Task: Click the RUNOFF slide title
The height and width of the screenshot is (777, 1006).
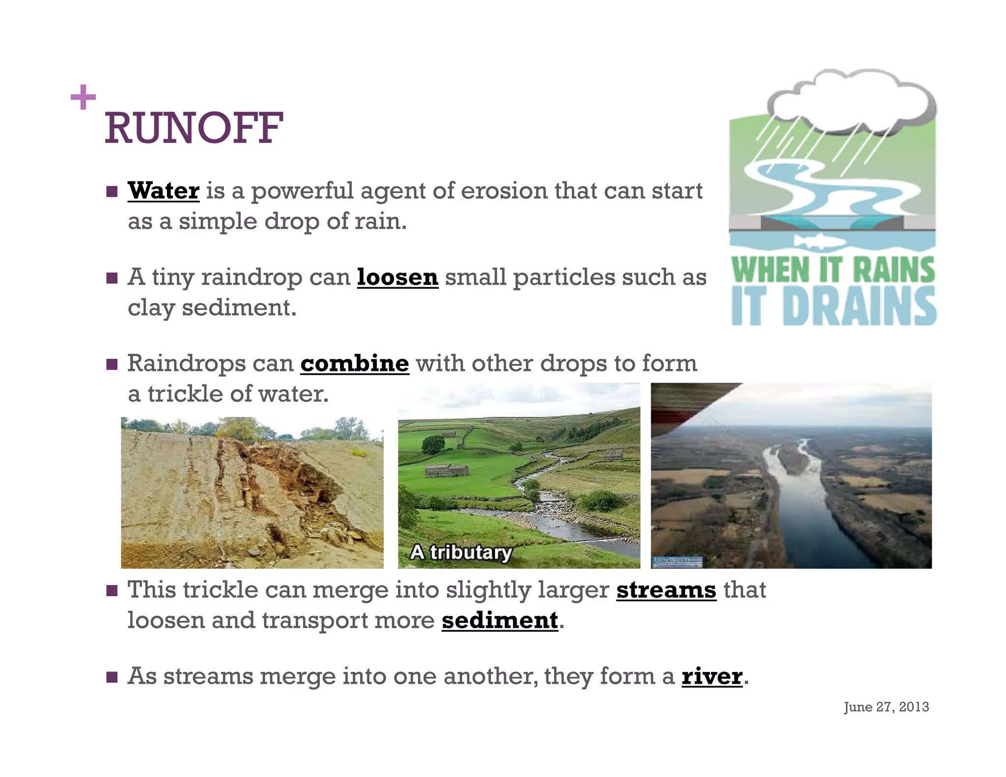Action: pyautogui.click(x=194, y=128)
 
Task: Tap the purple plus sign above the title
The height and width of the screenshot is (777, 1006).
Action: pyautogui.click(x=83, y=97)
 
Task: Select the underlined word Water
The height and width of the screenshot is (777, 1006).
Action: pyautogui.click(x=164, y=191)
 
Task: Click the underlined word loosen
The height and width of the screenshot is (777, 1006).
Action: pyautogui.click(x=397, y=277)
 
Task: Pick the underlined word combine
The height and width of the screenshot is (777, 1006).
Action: pyautogui.click(x=355, y=363)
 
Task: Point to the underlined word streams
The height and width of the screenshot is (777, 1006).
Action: pyautogui.click(x=666, y=590)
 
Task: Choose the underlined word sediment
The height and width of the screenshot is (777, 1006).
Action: pyautogui.click(x=500, y=620)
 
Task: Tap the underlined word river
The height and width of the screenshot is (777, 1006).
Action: pyautogui.click(x=712, y=676)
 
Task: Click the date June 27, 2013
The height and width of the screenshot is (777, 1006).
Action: pyautogui.click(x=886, y=707)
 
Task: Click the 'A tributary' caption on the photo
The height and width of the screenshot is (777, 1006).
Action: pyautogui.click(x=461, y=553)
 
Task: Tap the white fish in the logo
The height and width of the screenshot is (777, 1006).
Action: pyautogui.click(x=819, y=241)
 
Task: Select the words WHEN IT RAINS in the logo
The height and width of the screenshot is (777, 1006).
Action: pyautogui.click(x=833, y=270)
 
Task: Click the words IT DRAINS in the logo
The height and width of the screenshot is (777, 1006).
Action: pyautogui.click(x=833, y=306)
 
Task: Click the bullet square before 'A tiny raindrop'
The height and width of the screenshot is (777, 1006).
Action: pyautogui.click(x=112, y=278)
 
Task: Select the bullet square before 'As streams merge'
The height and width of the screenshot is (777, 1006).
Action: pyautogui.click(x=112, y=677)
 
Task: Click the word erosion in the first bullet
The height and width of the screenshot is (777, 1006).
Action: pyautogui.click(x=504, y=191)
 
